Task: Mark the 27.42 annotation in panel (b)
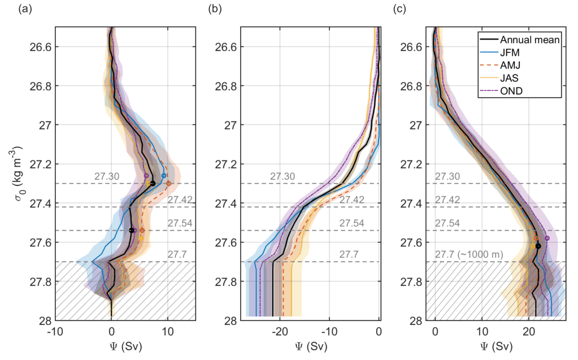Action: (351, 199)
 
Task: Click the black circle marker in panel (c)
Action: (538, 246)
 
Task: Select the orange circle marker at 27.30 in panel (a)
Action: (168, 183)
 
